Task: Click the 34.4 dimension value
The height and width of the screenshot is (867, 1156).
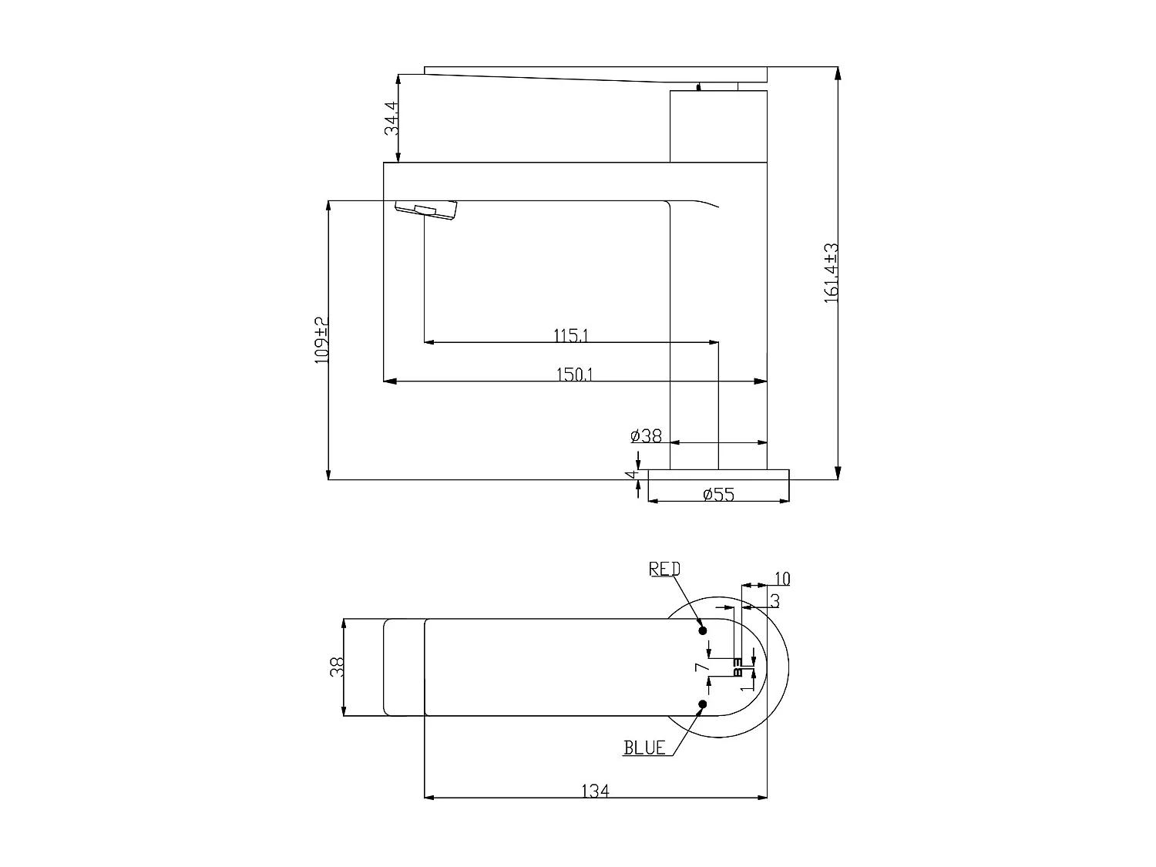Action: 391,118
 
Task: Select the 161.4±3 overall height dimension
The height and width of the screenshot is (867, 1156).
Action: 831,274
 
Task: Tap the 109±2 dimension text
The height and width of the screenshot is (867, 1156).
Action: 321,340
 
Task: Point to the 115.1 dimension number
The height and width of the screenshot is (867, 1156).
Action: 571,335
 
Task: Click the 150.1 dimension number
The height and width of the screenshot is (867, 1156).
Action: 574,375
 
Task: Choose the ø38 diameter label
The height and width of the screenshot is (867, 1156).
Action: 646,436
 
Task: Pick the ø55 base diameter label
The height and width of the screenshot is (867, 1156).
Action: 718,495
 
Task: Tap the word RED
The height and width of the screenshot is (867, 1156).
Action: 664,569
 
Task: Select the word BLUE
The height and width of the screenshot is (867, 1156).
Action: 644,748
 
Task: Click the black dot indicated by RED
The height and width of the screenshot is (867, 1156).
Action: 703,630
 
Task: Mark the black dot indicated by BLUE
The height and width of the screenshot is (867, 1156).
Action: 703,704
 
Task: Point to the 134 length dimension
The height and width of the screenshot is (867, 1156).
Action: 595,791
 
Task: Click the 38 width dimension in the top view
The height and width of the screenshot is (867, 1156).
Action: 337,667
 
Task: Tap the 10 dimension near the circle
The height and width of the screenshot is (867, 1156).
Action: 781,579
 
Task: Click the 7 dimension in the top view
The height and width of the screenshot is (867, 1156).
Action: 700,667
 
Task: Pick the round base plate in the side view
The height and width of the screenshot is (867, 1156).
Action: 718,475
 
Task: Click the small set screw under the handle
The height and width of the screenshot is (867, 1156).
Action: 699,87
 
